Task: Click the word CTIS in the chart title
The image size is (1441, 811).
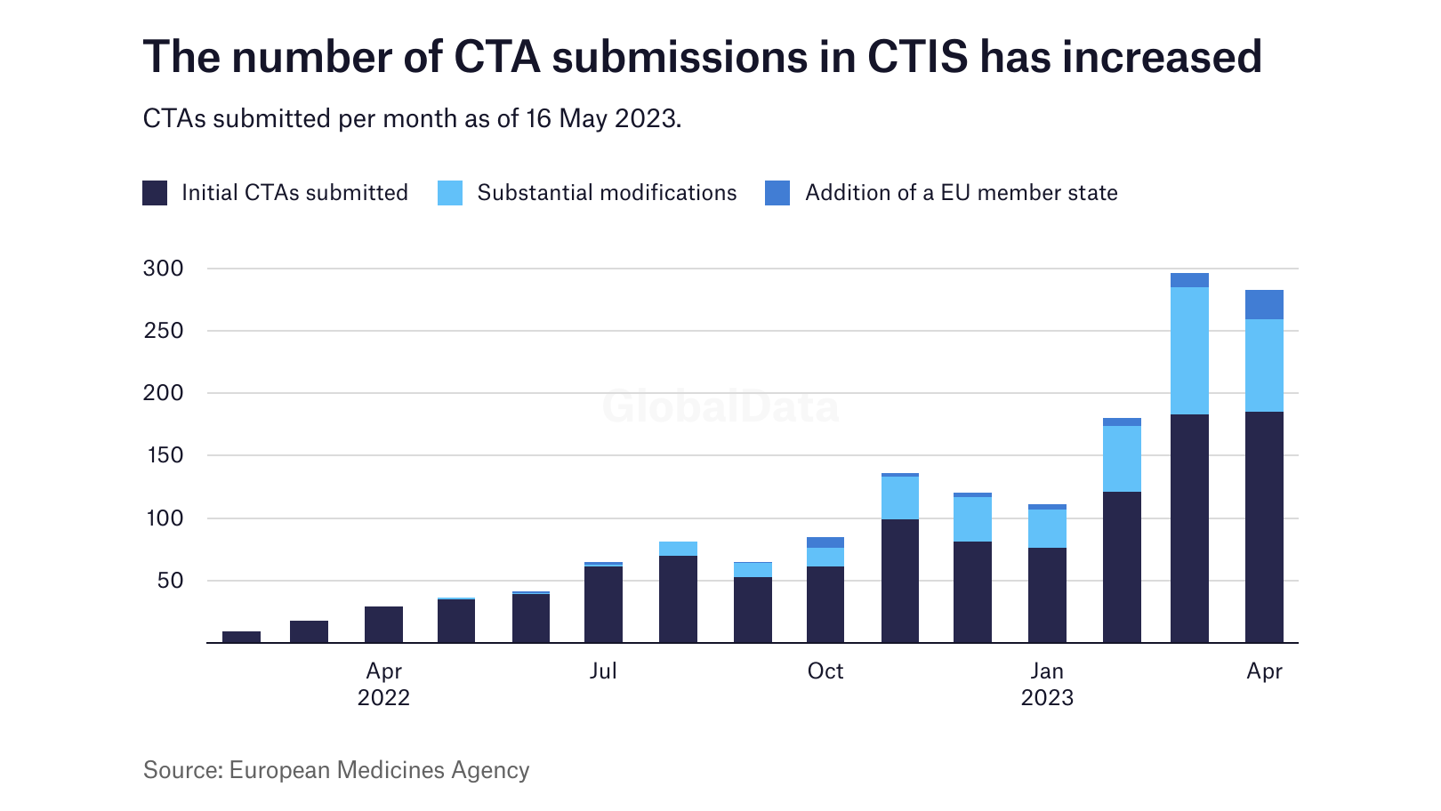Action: tap(917, 57)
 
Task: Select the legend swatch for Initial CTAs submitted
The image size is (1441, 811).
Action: tap(155, 193)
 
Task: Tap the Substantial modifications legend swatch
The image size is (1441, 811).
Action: tap(450, 193)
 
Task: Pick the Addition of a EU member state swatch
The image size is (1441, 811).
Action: tap(777, 193)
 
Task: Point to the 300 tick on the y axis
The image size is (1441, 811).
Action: tap(163, 269)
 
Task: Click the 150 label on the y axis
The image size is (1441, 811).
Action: tap(163, 455)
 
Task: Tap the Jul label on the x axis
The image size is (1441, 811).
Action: tap(603, 671)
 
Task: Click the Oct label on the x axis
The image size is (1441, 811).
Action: tap(825, 671)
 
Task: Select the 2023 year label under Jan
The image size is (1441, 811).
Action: tap(1047, 698)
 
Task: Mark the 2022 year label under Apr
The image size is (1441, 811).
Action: tap(383, 698)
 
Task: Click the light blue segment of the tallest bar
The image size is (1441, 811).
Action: tap(1189, 350)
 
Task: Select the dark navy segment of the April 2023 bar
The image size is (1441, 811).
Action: tap(1264, 526)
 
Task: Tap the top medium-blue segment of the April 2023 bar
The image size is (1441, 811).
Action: tap(1264, 304)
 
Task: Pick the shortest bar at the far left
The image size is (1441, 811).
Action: tap(241, 637)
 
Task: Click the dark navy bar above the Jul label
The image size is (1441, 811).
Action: tap(603, 605)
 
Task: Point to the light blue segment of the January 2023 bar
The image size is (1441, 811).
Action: tap(1047, 528)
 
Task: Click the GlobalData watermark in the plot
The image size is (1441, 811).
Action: tap(720, 407)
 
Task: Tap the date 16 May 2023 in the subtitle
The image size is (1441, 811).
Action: tap(602, 118)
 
